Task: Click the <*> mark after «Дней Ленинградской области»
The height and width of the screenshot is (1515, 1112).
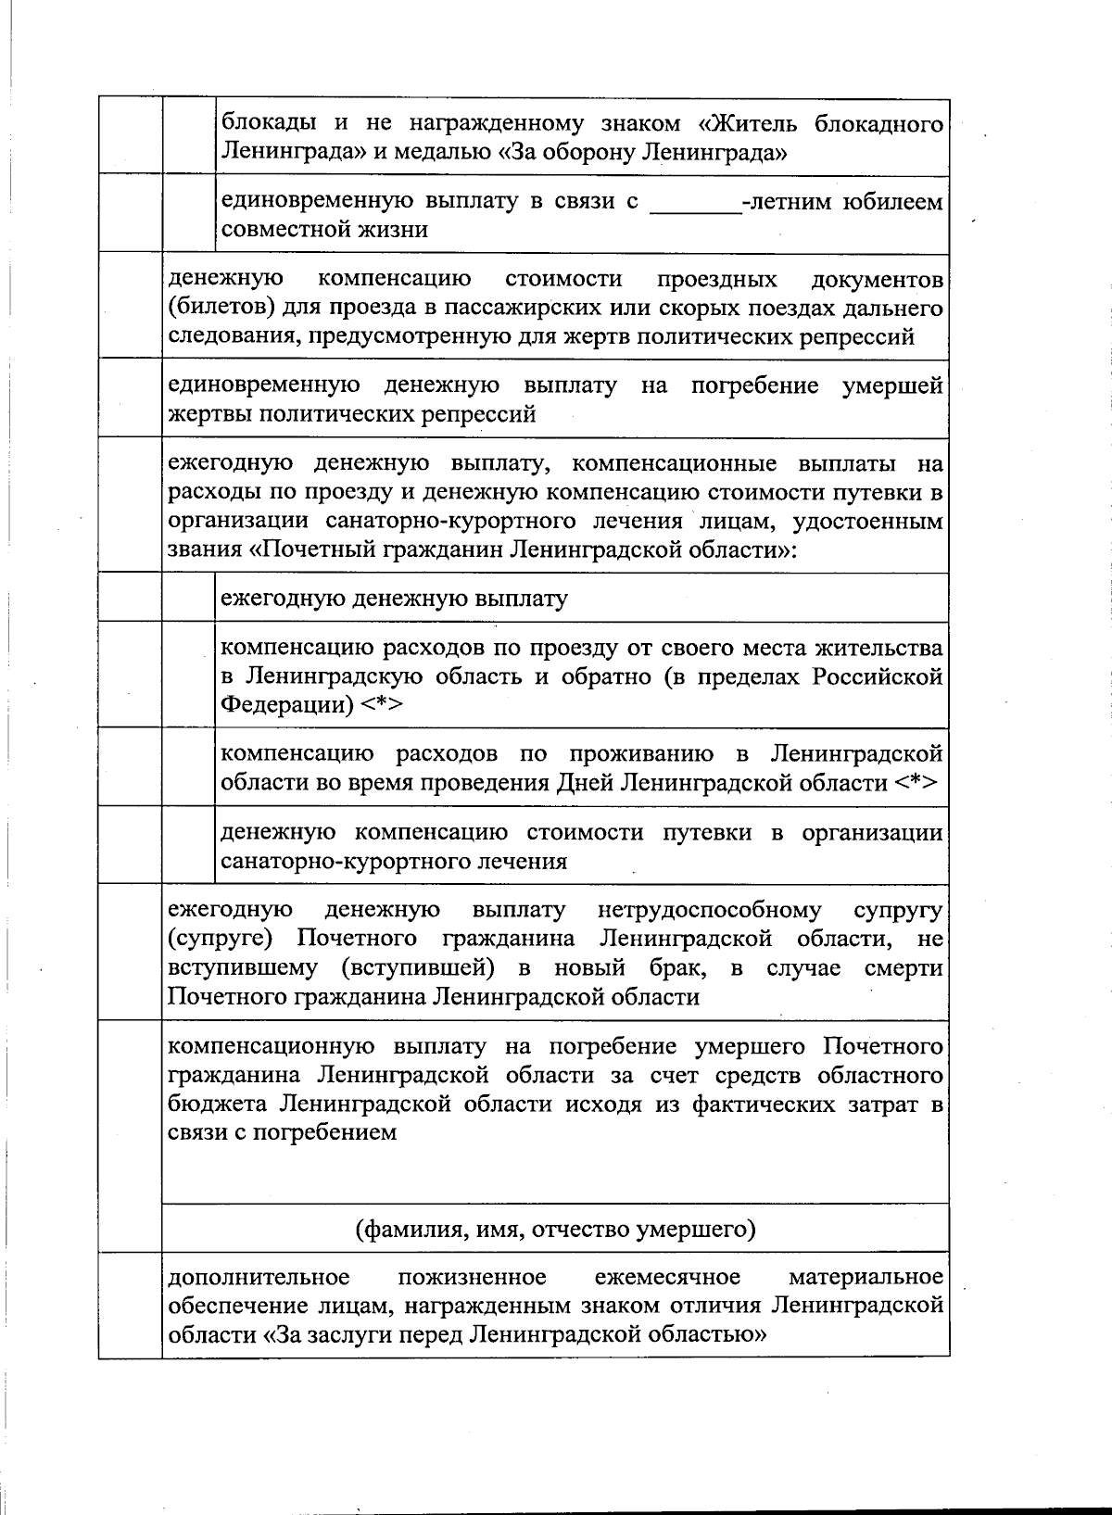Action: coord(916,783)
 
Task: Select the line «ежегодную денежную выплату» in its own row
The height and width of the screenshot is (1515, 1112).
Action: coord(394,599)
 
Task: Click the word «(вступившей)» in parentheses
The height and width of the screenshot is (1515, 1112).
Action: coord(414,968)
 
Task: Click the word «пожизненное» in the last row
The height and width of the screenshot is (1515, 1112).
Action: coord(472,1278)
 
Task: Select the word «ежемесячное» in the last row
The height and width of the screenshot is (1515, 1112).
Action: coord(667,1278)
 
